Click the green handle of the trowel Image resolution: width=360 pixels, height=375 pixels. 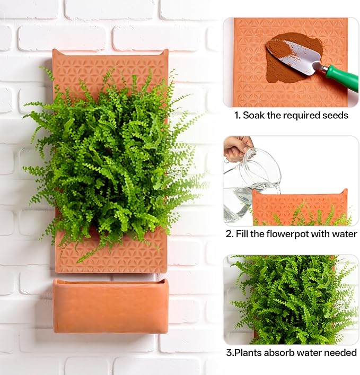coord(341,77)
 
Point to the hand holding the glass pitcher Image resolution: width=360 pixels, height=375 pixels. coord(236,147)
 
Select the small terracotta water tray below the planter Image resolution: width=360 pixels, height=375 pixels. coord(110,306)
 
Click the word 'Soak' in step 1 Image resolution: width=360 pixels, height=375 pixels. coord(254,115)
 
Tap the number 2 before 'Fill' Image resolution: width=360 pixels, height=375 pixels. coord(228,234)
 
